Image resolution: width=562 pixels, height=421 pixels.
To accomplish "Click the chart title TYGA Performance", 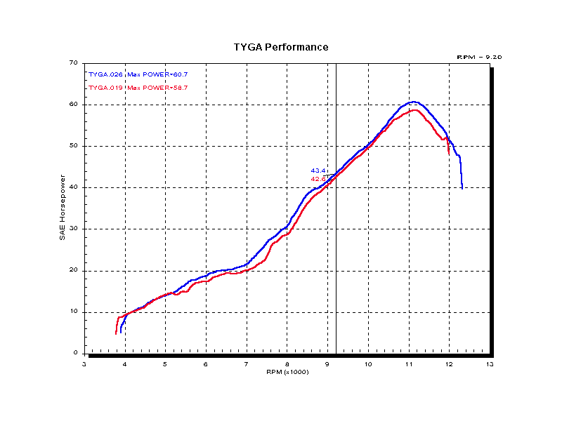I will coord(281,48).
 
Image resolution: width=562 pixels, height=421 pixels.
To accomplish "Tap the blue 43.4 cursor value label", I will coord(318,171).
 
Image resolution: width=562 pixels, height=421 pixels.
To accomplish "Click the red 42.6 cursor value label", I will coord(318,179).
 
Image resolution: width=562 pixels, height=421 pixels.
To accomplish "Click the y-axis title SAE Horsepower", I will coord(63,208).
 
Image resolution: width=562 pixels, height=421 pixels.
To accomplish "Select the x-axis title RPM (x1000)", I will coord(287,371).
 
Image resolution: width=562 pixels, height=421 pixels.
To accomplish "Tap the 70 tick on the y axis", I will coord(73,63).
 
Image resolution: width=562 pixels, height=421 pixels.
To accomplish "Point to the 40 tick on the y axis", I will coord(73,187).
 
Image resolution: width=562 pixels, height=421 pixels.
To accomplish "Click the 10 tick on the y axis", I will coord(73,312).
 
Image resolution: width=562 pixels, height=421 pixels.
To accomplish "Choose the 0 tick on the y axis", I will coord(75,354).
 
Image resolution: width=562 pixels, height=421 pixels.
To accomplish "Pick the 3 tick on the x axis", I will coord(84,363).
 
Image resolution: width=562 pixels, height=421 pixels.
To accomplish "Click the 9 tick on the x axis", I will coord(327,363).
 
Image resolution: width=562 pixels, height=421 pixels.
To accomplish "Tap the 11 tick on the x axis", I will coord(409,363).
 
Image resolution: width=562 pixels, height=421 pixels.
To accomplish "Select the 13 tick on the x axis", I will coord(490,363).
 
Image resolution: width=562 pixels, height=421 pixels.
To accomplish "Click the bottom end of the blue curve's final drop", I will coord(462,187).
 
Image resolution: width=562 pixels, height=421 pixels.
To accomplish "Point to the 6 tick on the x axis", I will coord(206,363).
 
